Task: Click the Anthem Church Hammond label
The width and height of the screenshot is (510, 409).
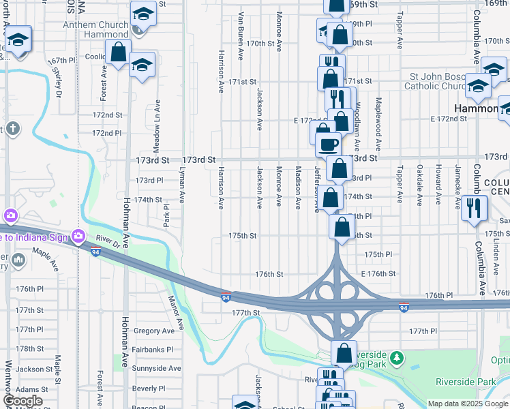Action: pos(95,30)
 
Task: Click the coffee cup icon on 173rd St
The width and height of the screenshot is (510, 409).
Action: pos(328,143)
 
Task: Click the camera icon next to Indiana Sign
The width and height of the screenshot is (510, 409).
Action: pos(78,236)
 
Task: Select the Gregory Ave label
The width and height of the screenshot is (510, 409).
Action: pos(154,331)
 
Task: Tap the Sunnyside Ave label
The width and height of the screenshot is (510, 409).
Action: pos(156,368)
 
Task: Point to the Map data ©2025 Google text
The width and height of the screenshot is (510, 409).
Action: pos(467,404)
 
